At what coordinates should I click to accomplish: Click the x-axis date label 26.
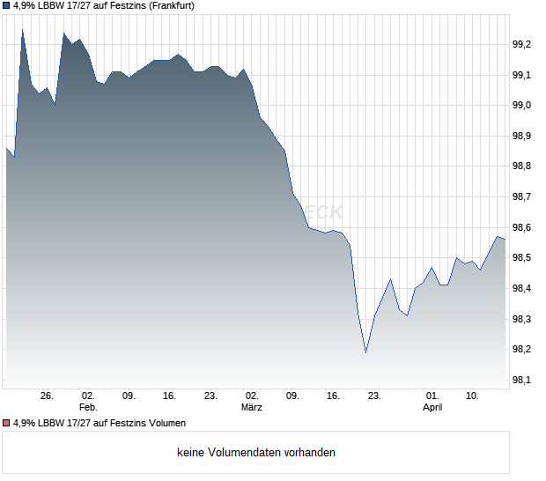point(48,396)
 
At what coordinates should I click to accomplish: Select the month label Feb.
point(87,407)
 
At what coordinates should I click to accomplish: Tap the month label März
point(252,407)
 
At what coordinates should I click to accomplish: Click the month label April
point(432,407)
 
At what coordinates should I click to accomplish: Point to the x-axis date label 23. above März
point(210,396)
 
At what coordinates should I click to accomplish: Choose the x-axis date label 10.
point(473,396)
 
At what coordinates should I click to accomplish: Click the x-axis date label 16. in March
point(333,396)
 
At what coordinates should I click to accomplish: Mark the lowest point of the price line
point(365,352)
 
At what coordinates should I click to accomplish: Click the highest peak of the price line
point(22,29)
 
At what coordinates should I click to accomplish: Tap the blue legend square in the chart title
point(5,5)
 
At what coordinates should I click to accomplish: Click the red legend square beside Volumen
point(5,423)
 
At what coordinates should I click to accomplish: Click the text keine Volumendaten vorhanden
point(256,453)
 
